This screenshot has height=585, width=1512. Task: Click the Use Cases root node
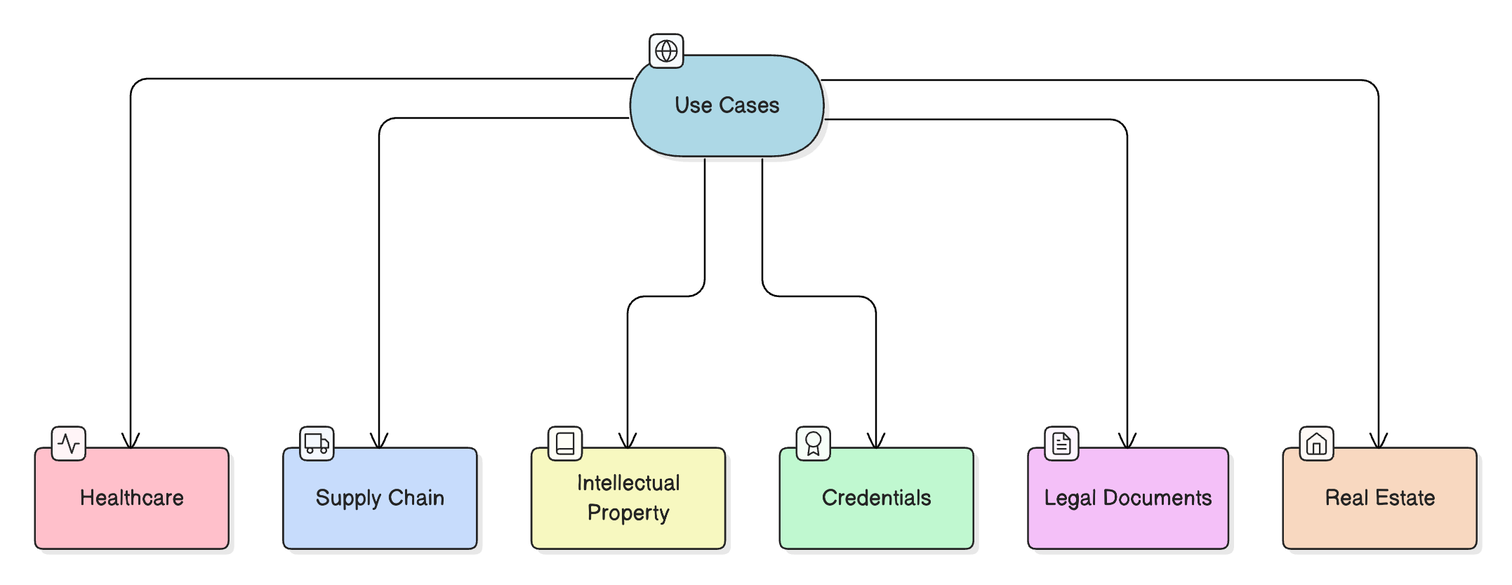(727, 105)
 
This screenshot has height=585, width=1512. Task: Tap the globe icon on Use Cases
(665, 51)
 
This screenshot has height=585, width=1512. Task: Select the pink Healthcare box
(131, 498)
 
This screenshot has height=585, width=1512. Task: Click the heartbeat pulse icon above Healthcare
(69, 443)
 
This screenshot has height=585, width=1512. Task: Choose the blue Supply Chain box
(380, 498)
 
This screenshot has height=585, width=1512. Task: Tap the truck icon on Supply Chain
(317, 443)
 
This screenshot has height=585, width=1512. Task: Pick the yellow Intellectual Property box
(628, 498)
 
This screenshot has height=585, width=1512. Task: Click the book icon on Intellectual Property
(565, 443)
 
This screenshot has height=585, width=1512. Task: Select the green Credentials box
(876, 498)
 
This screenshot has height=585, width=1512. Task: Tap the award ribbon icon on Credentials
(813, 443)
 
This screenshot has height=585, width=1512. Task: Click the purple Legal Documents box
(1127, 498)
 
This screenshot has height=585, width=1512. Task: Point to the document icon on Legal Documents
(1061, 443)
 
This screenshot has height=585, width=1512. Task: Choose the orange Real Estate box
(1379, 498)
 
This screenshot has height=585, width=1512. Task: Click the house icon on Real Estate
(1316, 443)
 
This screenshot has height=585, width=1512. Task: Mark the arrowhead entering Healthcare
(131, 442)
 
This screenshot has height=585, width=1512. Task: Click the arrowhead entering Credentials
(876, 442)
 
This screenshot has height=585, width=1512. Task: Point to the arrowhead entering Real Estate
(1379, 442)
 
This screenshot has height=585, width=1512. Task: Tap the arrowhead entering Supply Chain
(379, 442)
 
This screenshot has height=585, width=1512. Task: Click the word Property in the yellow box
(628, 513)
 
